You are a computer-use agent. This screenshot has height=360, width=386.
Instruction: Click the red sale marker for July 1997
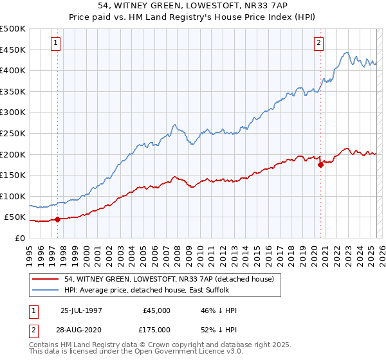58,219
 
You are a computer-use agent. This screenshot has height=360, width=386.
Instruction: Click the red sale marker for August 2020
320,165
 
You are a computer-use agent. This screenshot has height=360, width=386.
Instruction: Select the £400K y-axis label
13,70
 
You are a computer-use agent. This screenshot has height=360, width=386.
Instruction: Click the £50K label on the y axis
15,217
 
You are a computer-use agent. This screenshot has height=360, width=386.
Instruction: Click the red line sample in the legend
46,279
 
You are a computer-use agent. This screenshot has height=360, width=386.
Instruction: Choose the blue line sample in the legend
46,290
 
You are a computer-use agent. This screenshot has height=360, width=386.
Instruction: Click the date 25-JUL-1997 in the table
80,310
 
